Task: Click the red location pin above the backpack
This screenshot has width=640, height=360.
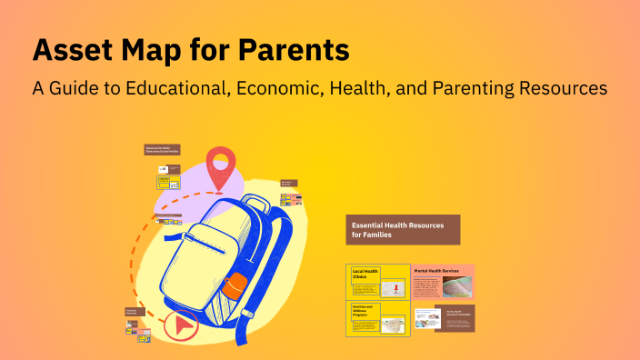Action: (x=218, y=166)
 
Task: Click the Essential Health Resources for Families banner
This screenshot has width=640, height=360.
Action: (x=403, y=229)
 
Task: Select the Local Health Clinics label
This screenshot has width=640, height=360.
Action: (x=365, y=274)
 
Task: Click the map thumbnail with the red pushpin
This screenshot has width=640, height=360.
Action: (x=394, y=288)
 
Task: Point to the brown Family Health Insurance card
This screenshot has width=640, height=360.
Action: (x=455, y=318)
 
